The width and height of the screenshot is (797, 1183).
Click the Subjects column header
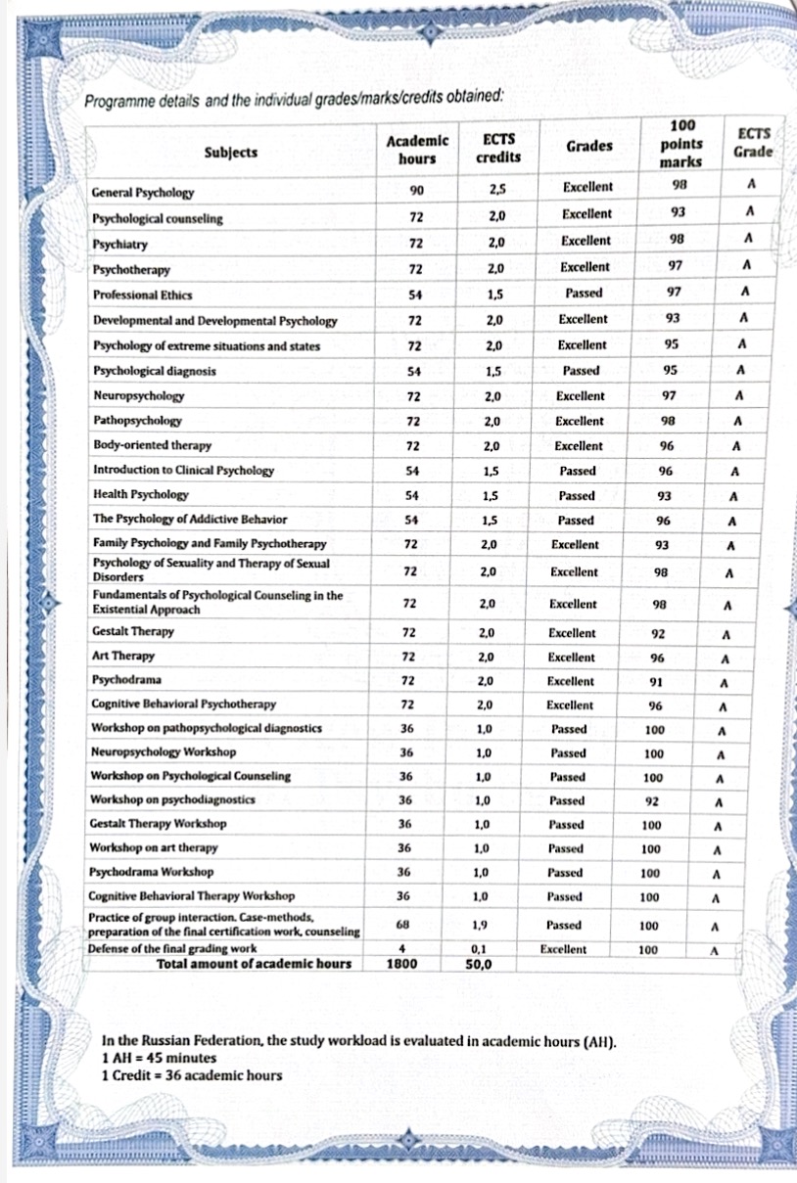point(231,152)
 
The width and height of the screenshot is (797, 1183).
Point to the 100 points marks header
point(682,143)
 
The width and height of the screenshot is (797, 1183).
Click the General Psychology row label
point(143,194)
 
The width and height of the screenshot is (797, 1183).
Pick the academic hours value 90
point(416,188)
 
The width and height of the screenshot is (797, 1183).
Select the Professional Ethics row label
point(142,295)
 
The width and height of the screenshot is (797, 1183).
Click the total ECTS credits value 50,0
point(480,964)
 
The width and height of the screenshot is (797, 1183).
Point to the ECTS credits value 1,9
point(481,925)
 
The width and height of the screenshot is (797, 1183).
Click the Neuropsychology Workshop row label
point(163,751)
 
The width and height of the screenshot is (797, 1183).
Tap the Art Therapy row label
point(122,656)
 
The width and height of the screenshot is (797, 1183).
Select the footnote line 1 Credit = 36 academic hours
point(191,1075)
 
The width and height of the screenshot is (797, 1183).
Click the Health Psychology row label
point(140,494)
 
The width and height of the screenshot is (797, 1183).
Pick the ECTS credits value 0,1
point(480,949)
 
